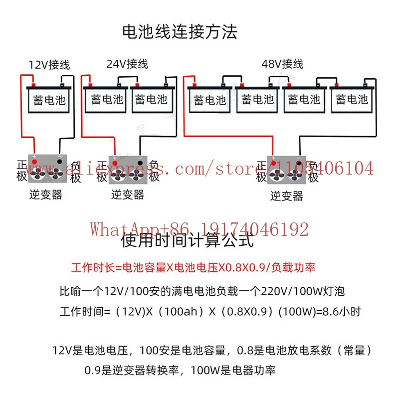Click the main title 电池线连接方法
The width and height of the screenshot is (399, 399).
coord(180,32)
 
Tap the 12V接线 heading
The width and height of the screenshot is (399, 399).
coord(49,65)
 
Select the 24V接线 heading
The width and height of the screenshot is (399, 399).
coord(127,64)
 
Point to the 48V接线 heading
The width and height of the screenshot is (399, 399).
coord(282,64)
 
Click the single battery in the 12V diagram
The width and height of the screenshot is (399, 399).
coord(49,99)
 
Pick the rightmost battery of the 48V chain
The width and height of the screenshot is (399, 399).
coord(352,99)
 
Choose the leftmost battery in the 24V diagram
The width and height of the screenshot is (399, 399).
coord(106,99)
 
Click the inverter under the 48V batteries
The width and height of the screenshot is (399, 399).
coord(286,170)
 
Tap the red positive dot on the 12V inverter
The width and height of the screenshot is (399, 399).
coord(34,162)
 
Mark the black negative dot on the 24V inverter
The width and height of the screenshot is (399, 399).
coord(140,163)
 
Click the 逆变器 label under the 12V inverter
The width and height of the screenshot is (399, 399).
coord(46,195)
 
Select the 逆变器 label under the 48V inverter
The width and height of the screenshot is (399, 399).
coord(287,196)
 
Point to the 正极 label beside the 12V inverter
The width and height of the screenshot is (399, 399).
coord(22,171)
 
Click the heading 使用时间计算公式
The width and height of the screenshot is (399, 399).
coord(188,240)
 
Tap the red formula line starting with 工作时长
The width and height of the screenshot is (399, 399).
coord(194,268)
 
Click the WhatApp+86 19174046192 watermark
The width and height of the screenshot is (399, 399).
coord(199,229)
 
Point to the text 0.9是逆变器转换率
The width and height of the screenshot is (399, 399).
coord(132,371)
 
